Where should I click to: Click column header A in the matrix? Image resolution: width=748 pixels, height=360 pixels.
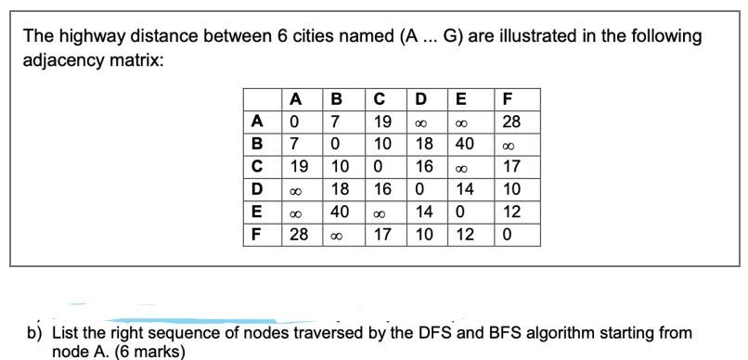(x=296, y=99)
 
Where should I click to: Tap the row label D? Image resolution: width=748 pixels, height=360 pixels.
(x=258, y=190)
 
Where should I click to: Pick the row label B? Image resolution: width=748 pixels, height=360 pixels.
(x=258, y=144)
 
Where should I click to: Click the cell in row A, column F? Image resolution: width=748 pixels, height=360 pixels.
(x=510, y=122)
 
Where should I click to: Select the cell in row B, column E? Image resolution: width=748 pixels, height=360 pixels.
(x=466, y=144)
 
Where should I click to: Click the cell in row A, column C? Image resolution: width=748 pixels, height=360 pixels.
(x=381, y=122)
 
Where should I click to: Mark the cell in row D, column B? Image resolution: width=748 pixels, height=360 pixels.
(x=341, y=190)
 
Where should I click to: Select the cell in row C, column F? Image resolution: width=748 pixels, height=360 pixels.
(x=510, y=167)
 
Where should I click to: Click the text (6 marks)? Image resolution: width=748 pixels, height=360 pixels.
(x=148, y=352)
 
